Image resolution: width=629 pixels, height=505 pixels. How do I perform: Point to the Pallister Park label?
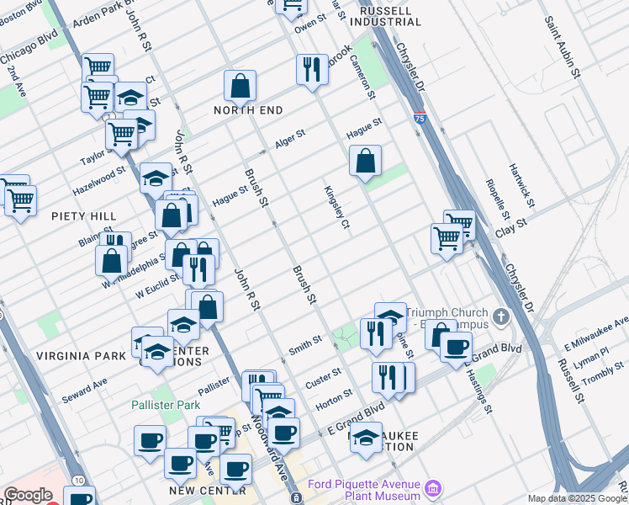165,405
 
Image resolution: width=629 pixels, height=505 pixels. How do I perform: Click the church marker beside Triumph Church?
502,317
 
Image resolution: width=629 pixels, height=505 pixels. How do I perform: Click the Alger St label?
289,139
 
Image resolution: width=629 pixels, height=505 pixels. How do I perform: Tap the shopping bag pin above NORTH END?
240,87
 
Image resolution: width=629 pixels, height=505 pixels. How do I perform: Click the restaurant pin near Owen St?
312,71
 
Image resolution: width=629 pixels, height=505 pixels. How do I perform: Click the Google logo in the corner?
28,495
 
